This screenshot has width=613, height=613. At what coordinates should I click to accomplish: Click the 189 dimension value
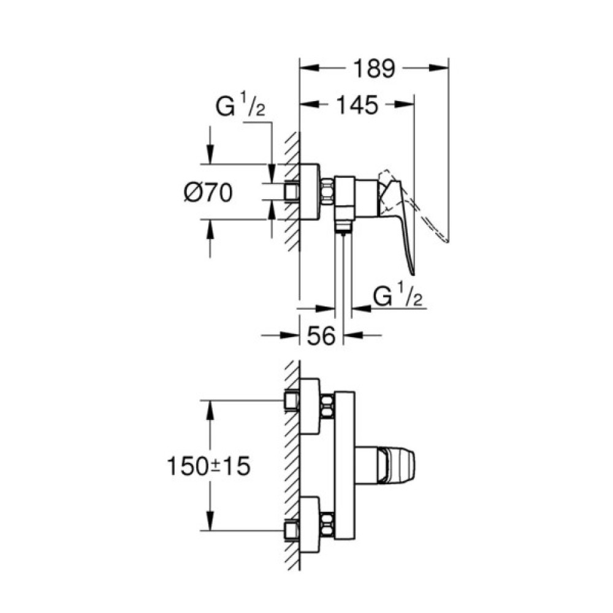[372, 69]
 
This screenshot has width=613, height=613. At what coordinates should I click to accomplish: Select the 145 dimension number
[356, 105]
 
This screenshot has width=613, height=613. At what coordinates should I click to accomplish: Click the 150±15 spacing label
[208, 466]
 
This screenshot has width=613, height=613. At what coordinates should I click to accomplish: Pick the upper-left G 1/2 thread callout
[240, 109]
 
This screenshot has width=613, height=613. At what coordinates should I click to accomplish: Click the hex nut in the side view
[327, 191]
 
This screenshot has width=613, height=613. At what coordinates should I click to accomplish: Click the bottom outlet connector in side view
[344, 228]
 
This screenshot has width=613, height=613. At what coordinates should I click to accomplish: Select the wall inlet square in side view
[292, 192]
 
